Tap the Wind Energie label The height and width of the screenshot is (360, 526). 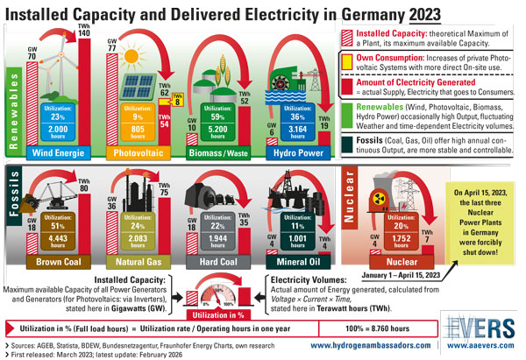click(x=58, y=153)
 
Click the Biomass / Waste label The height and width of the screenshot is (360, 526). click(x=216, y=153)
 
